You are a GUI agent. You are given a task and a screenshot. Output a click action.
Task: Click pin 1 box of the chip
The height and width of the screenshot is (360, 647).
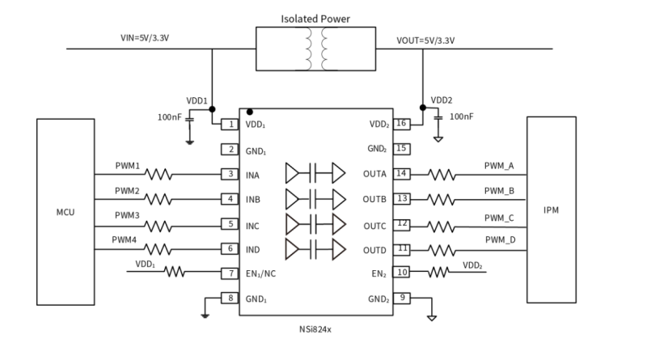[231, 125]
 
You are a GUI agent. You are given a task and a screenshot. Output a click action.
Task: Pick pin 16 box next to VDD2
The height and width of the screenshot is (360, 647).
[401, 125]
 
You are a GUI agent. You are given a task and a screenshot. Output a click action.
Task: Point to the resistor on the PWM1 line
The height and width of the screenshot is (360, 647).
[158, 174]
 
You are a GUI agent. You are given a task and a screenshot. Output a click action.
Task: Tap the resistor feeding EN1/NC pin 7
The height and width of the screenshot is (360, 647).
[175, 273]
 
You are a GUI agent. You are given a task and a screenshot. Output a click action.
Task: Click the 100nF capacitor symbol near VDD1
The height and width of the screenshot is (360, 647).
[190, 118]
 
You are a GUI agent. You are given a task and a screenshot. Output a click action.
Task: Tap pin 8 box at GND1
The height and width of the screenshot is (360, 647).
[231, 298]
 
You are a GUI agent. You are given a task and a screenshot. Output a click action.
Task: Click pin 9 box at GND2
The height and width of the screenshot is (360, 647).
[401, 298]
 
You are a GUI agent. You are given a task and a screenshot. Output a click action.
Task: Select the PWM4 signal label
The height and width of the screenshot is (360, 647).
[127, 240]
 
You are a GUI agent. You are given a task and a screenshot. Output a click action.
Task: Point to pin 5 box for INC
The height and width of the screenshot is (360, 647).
[231, 223]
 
